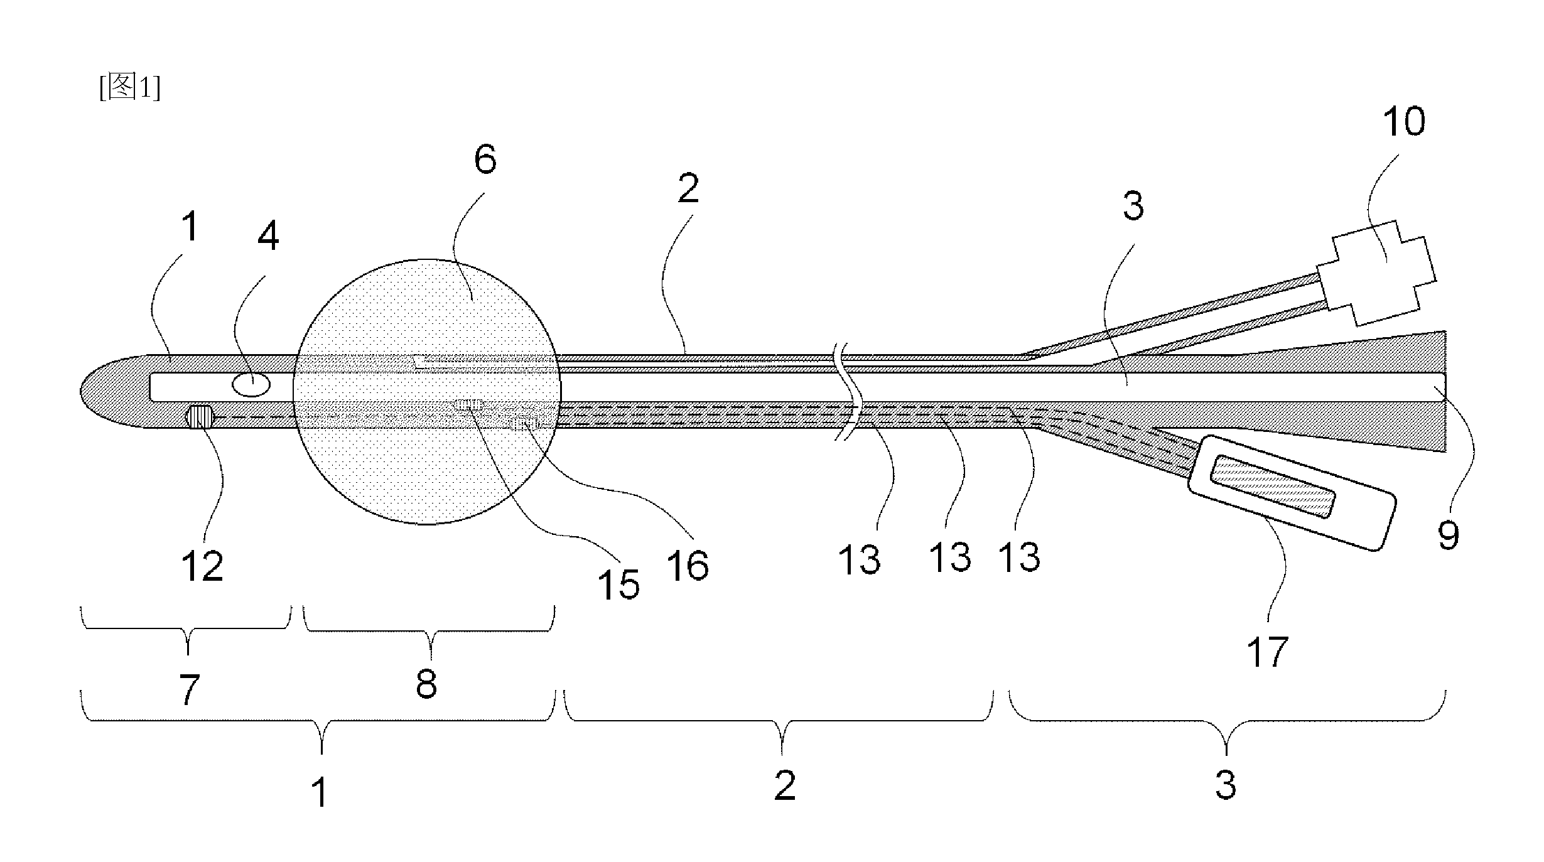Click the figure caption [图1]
click(130, 88)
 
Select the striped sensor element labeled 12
click(200, 418)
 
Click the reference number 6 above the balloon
click(485, 159)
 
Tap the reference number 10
click(1404, 121)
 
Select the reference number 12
click(202, 566)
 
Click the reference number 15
click(619, 585)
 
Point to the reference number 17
click(1267, 652)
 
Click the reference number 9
click(1449, 535)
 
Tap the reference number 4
click(268, 236)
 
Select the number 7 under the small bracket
click(188, 689)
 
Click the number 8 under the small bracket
click(426, 684)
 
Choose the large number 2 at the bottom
click(785, 785)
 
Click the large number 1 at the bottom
click(320, 792)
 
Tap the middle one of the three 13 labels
click(950, 557)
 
